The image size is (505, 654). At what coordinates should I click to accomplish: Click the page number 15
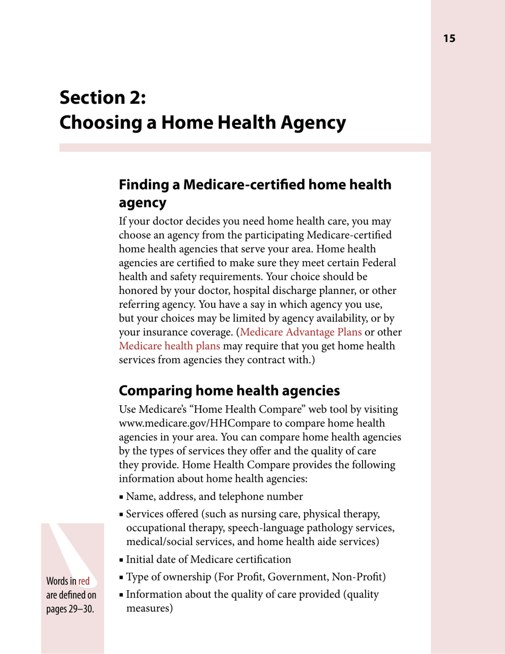tap(449, 38)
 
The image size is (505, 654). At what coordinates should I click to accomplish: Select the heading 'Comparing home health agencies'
tap(229, 391)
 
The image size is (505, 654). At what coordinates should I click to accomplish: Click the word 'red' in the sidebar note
tap(83, 580)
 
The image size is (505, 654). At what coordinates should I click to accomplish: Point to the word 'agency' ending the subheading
tap(142, 203)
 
